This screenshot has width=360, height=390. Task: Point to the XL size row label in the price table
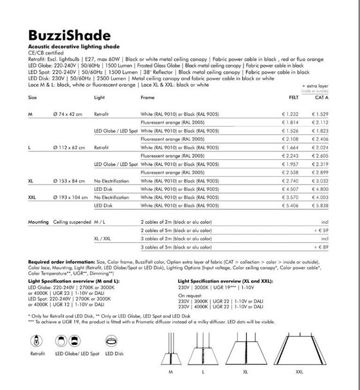[x=32, y=181]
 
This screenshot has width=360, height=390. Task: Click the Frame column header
[x=148, y=97]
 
